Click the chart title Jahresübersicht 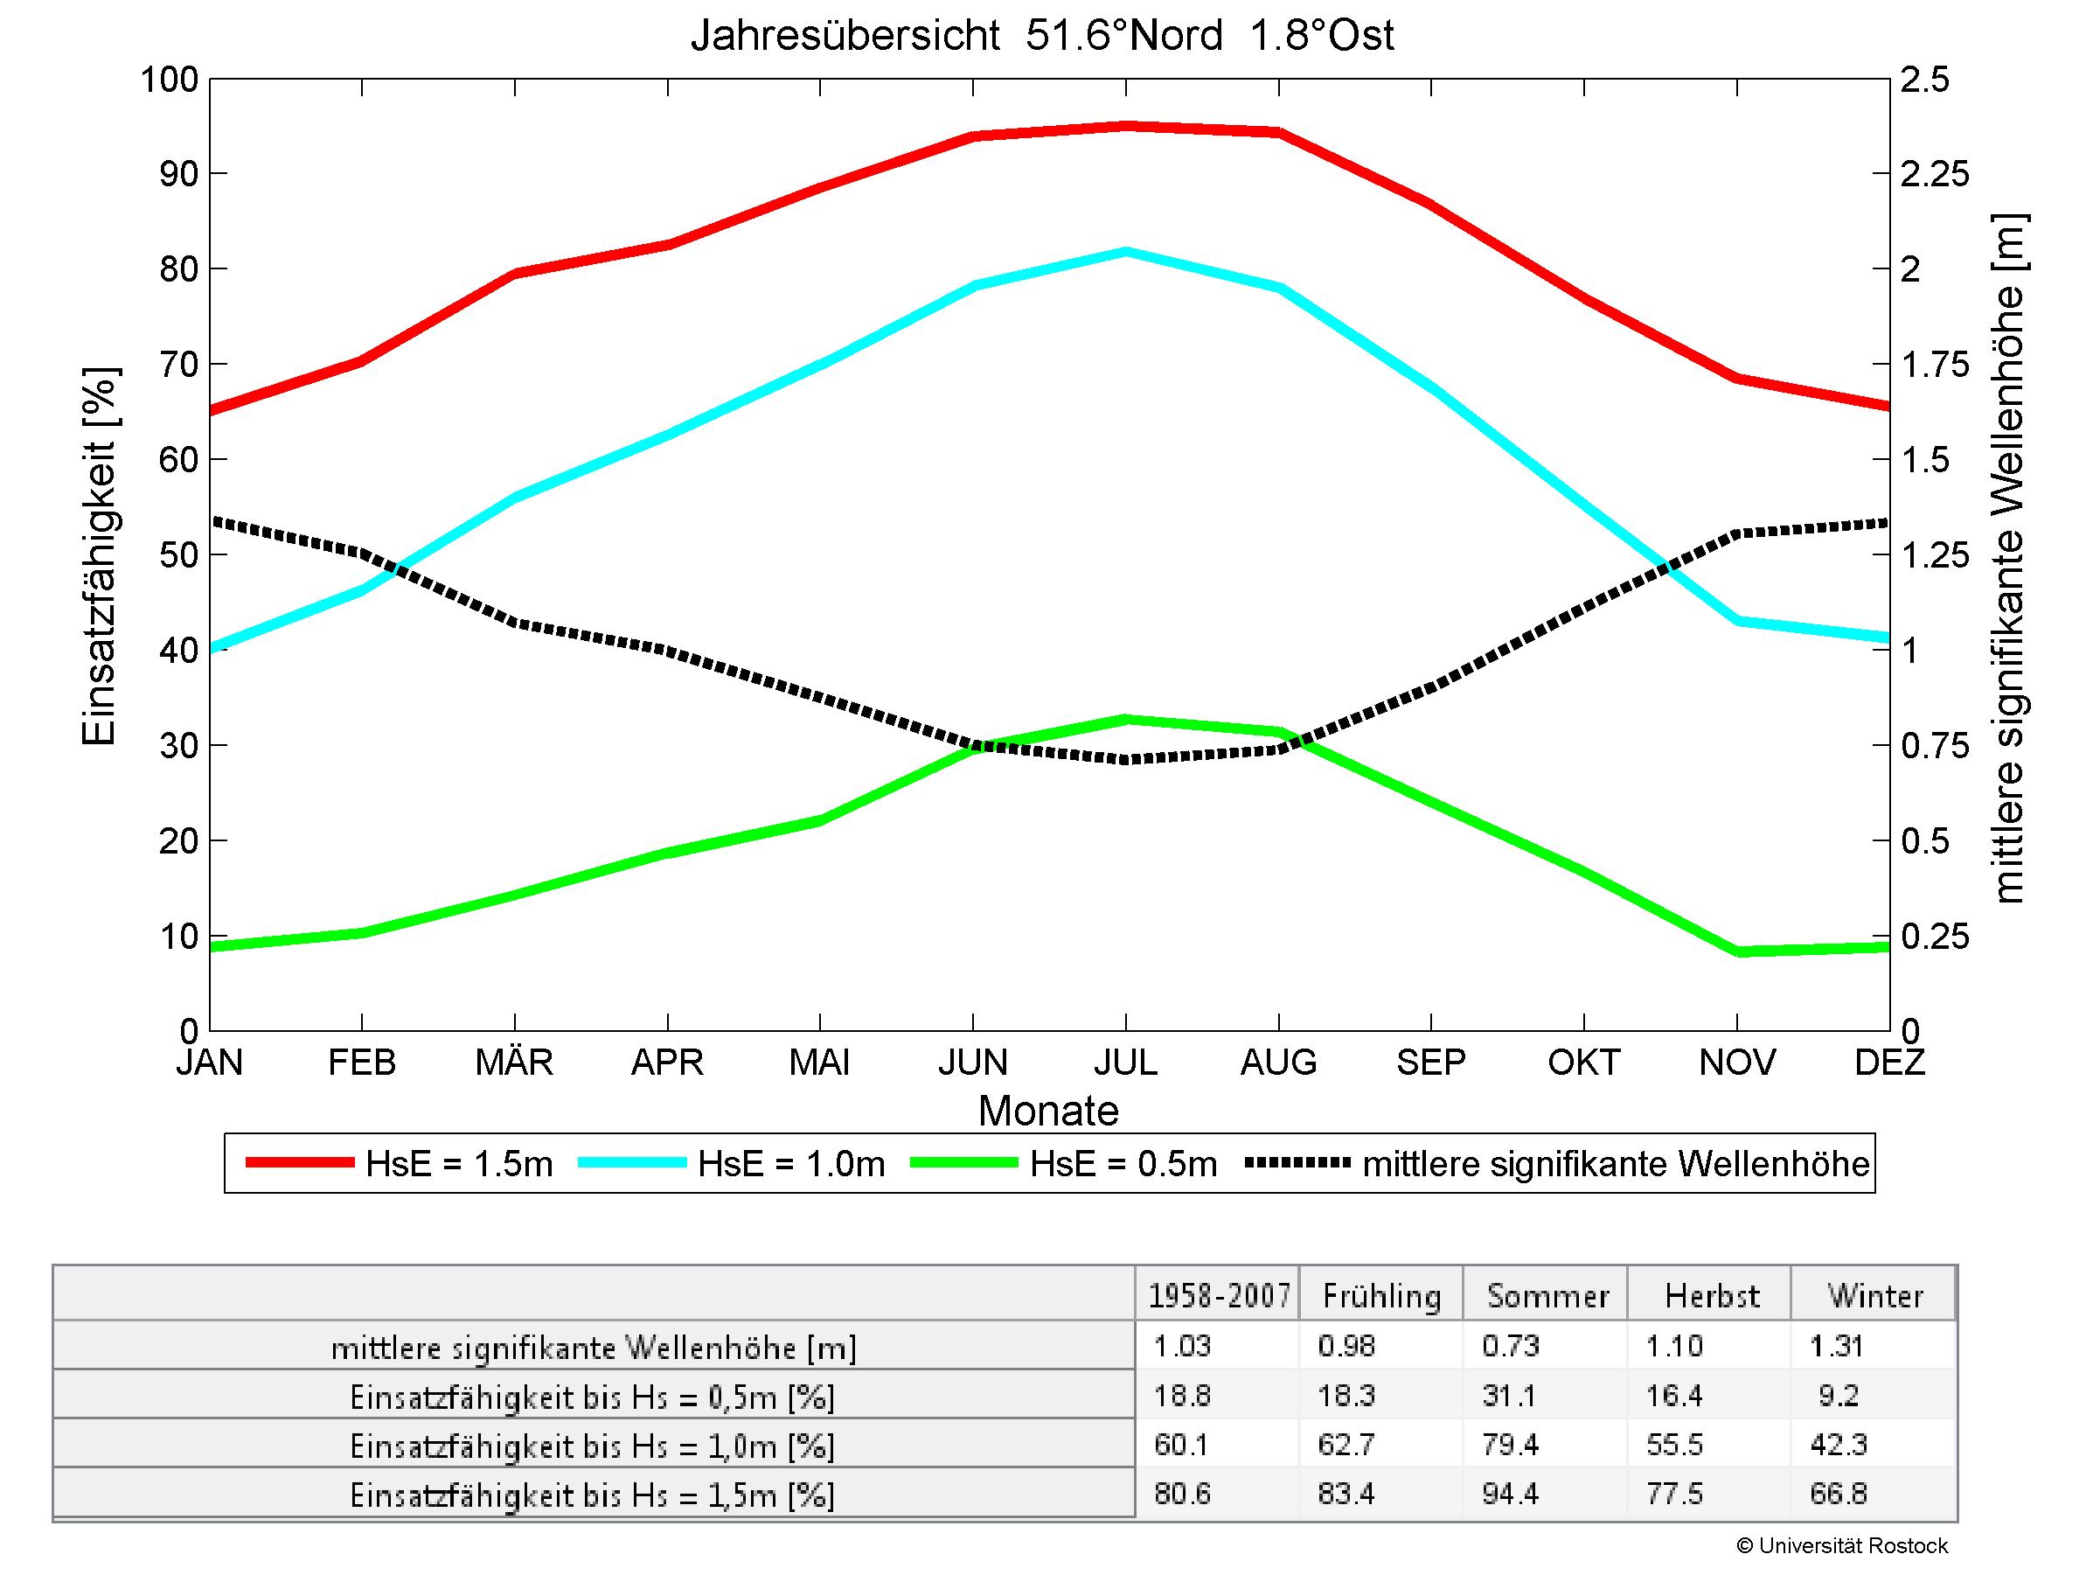point(1041,36)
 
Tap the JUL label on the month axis point(1125,1062)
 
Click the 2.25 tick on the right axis point(1935,175)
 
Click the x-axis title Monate point(1048,1111)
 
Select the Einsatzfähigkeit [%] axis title point(99,555)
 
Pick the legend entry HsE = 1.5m point(399,1163)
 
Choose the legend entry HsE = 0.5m point(1063,1163)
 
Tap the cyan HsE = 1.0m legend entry point(731,1163)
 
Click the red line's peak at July point(1126,125)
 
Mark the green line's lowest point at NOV point(1737,951)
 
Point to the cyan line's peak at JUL point(1126,252)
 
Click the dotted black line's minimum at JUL point(1126,759)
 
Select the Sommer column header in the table point(1547,1296)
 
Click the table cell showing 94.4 point(1510,1494)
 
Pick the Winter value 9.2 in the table point(1839,1395)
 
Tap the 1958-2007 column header point(1219,1296)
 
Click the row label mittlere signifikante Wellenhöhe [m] point(594,1347)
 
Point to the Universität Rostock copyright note point(1842,1545)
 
